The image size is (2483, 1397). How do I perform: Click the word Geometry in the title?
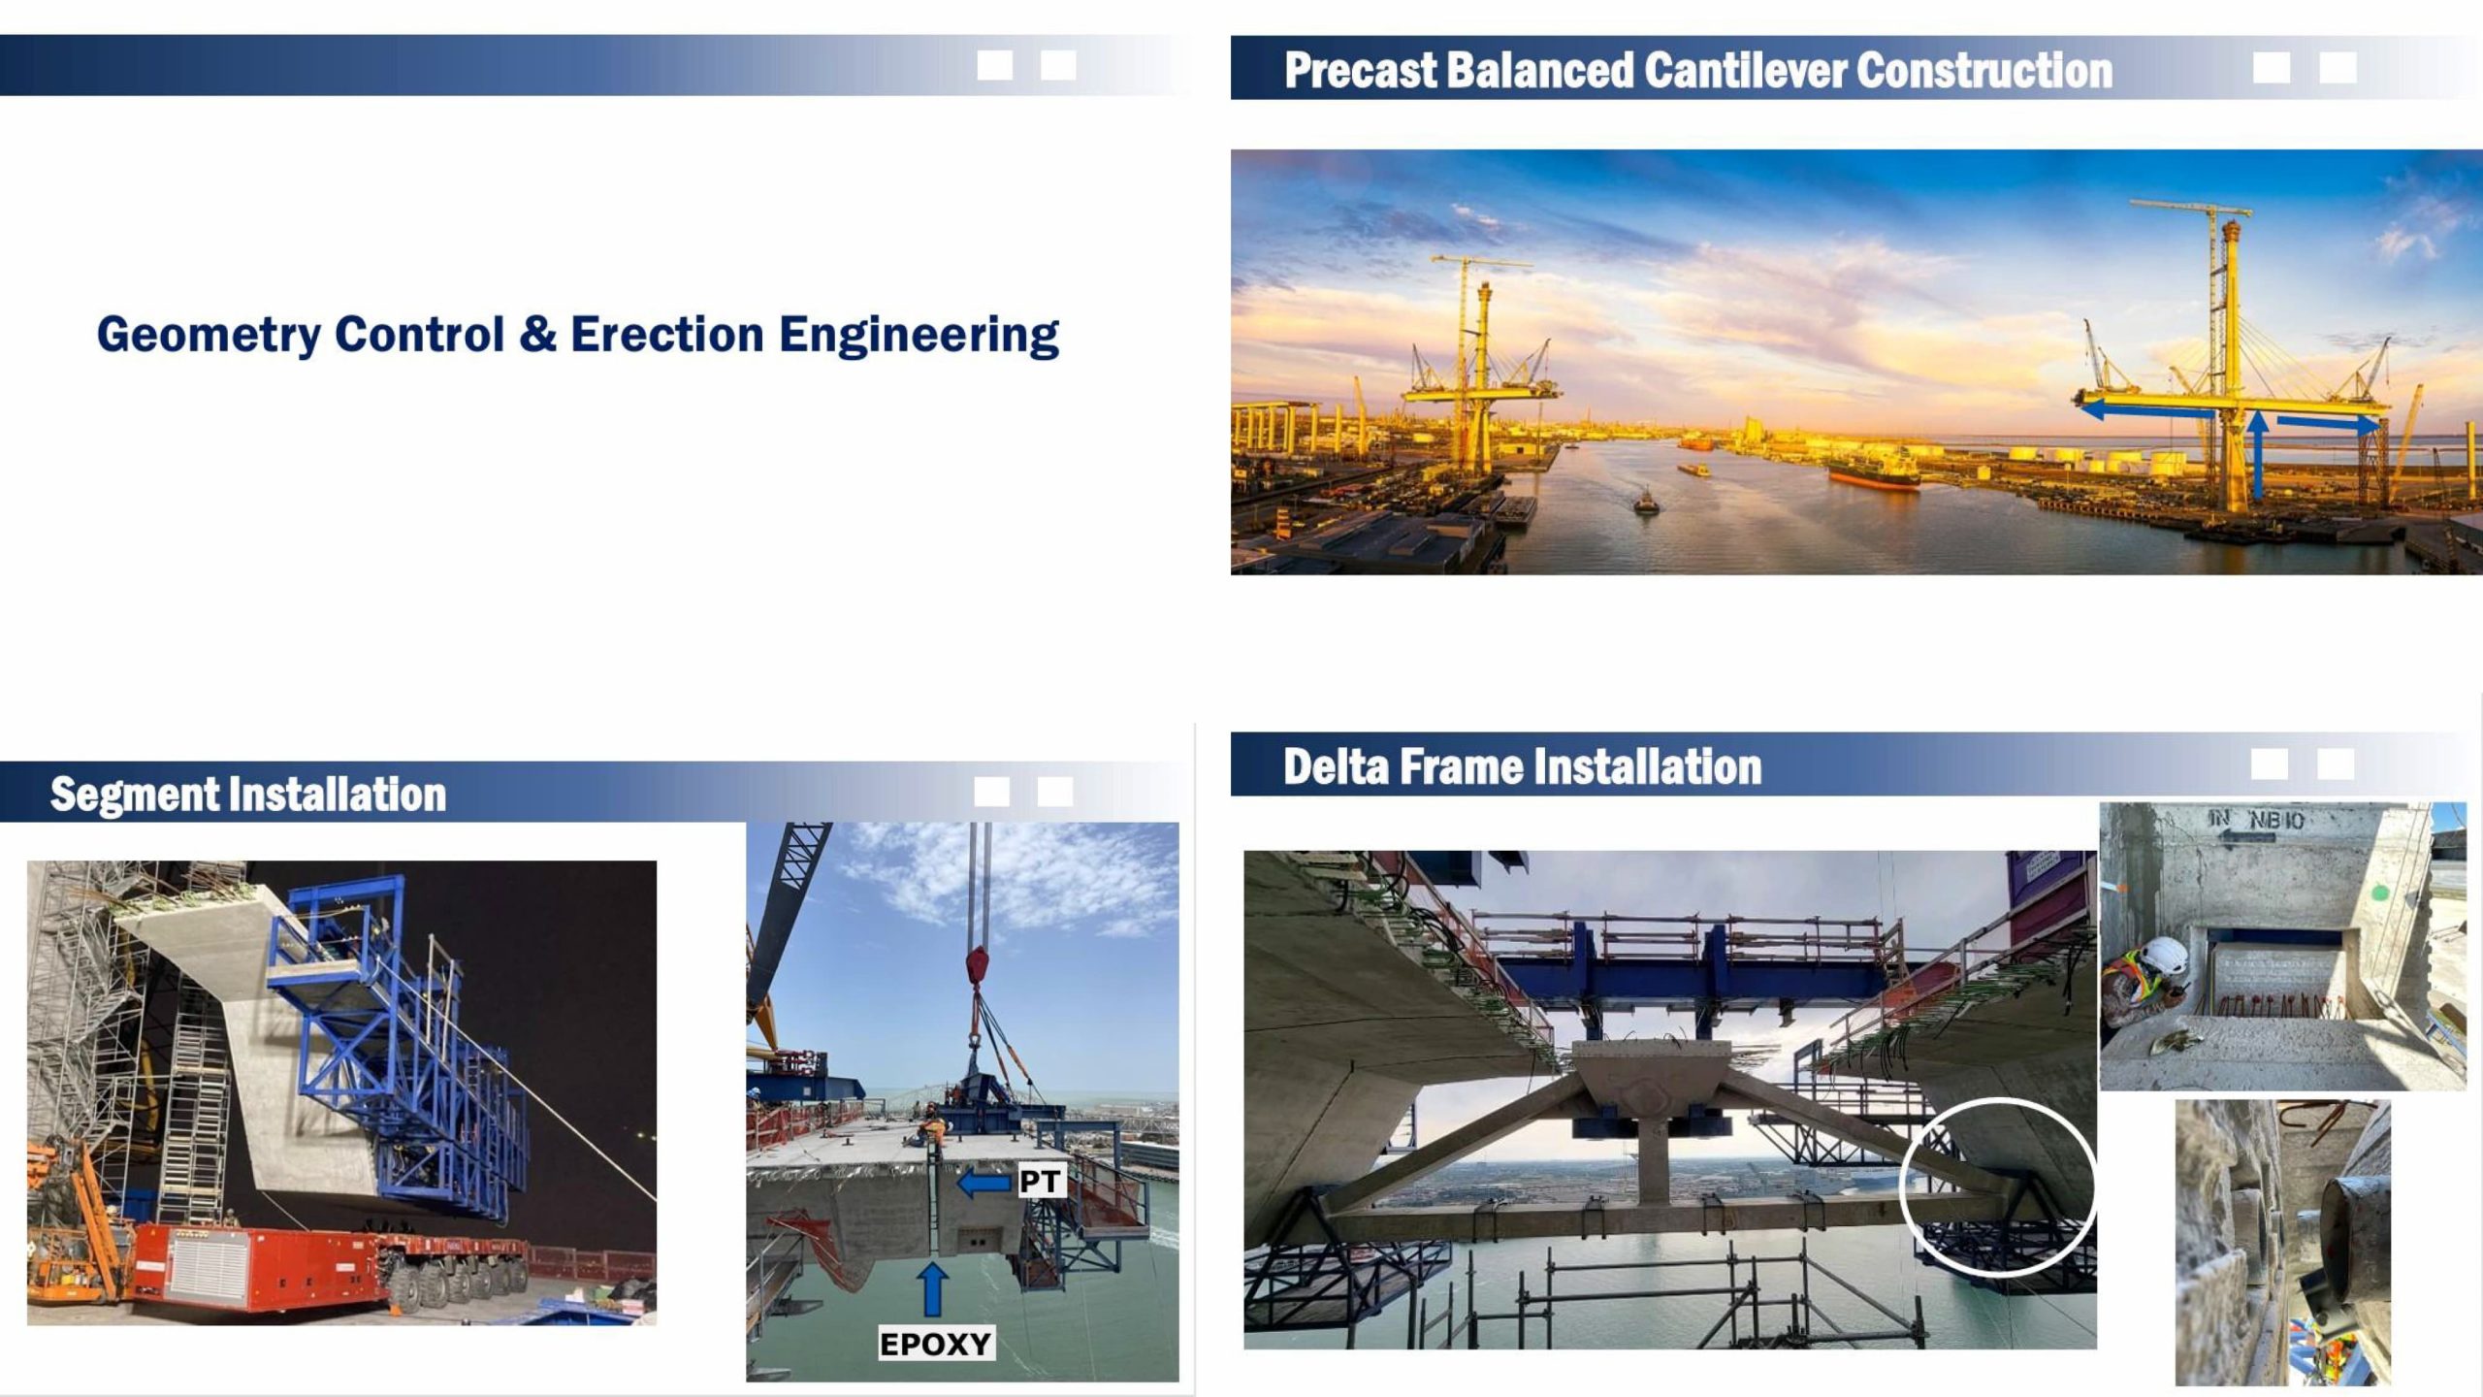click(209, 335)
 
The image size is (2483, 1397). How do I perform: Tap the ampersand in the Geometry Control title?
click(537, 334)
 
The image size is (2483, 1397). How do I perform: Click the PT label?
click(1040, 1181)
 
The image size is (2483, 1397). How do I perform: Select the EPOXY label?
click(935, 1344)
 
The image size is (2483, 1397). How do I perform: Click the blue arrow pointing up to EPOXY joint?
click(932, 1289)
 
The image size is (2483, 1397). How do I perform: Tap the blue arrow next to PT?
click(984, 1183)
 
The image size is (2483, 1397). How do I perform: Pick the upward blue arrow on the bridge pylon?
click(2259, 455)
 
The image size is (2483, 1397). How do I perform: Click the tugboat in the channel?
click(1645, 501)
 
